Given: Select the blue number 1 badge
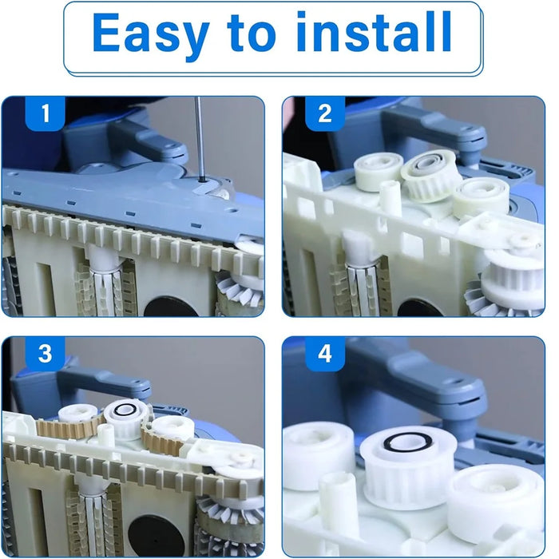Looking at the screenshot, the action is click(46, 113).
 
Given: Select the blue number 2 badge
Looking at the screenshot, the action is click(325, 113).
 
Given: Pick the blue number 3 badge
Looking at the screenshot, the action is click(46, 354).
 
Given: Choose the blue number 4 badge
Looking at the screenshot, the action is click(325, 354).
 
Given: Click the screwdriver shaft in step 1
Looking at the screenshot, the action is click(199, 138).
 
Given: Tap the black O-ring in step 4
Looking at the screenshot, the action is click(407, 442).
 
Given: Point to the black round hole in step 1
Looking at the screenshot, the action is click(171, 307).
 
